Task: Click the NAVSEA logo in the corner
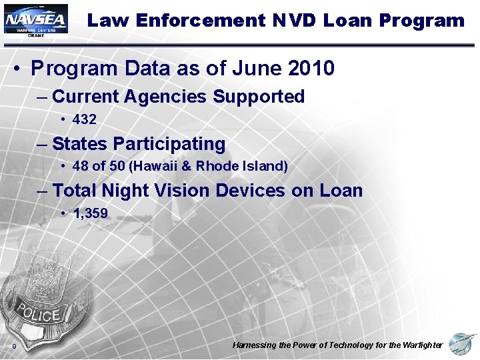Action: [x=35, y=20]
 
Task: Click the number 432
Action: [x=84, y=120]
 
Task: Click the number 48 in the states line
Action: [x=80, y=167]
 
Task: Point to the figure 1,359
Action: [x=90, y=213]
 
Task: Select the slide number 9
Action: [x=14, y=347]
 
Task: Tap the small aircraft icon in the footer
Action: [x=462, y=344]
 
